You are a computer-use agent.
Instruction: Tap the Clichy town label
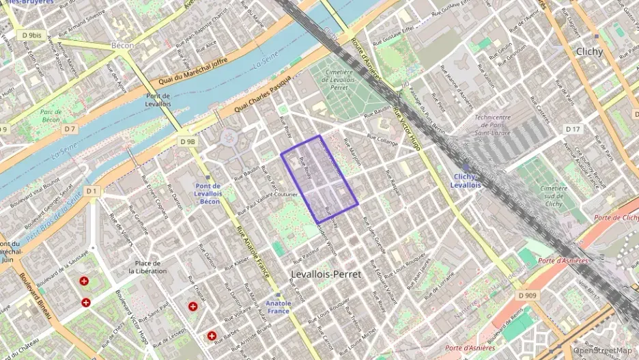click(x=588, y=51)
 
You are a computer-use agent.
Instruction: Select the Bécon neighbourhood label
click(x=123, y=45)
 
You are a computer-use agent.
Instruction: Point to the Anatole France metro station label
click(x=279, y=307)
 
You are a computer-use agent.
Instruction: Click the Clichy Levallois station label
click(x=467, y=181)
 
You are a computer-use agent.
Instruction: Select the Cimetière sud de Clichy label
click(x=553, y=196)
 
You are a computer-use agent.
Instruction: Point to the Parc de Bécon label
click(x=51, y=115)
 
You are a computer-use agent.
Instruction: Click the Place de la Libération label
click(x=147, y=267)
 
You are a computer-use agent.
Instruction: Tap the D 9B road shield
click(x=188, y=141)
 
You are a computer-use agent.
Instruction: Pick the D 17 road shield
click(x=573, y=129)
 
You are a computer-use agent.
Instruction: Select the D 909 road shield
click(x=527, y=295)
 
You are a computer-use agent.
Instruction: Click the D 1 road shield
click(x=91, y=191)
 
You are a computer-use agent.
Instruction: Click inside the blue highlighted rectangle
click(x=319, y=178)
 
